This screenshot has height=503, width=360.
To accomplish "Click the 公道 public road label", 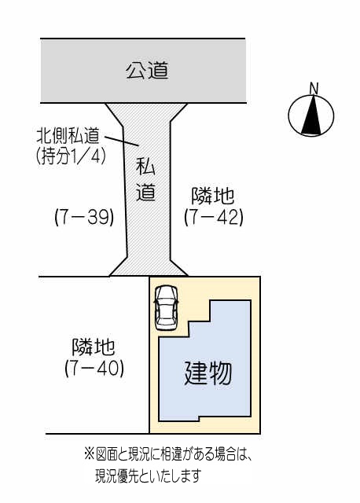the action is pyautogui.click(x=147, y=71).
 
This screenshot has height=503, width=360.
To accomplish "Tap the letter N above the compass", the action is pyautogui.click(x=314, y=88).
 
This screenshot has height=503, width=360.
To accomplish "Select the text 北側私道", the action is pyautogui.click(x=68, y=135).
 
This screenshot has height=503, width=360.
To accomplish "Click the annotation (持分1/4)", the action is pyautogui.click(x=71, y=157).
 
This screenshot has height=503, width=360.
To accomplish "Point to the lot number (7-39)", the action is pyautogui.click(x=84, y=218).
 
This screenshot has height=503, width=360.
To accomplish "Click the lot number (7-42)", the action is pyautogui.click(x=214, y=218).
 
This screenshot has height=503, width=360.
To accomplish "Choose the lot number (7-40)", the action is pyautogui.click(x=94, y=369).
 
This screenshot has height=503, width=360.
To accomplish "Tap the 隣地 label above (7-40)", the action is pyautogui.click(x=93, y=347).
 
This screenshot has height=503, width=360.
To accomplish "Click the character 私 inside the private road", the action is pyautogui.click(x=145, y=167).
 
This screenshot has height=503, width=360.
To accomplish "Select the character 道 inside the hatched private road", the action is pyautogui.click(x=145, y=192).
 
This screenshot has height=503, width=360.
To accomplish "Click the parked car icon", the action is pyautogui.click(x=166, y=308).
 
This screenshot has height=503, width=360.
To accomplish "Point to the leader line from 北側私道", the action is pyautogui.click(x=122, y=141).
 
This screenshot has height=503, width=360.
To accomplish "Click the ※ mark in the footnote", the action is pyautogui.click(x=89, y=455).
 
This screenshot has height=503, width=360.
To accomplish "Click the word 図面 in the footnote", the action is pyautogui.click(x=107, y=455).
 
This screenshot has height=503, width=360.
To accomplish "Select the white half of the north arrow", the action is pyautogui.click(x=318, y=116).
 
